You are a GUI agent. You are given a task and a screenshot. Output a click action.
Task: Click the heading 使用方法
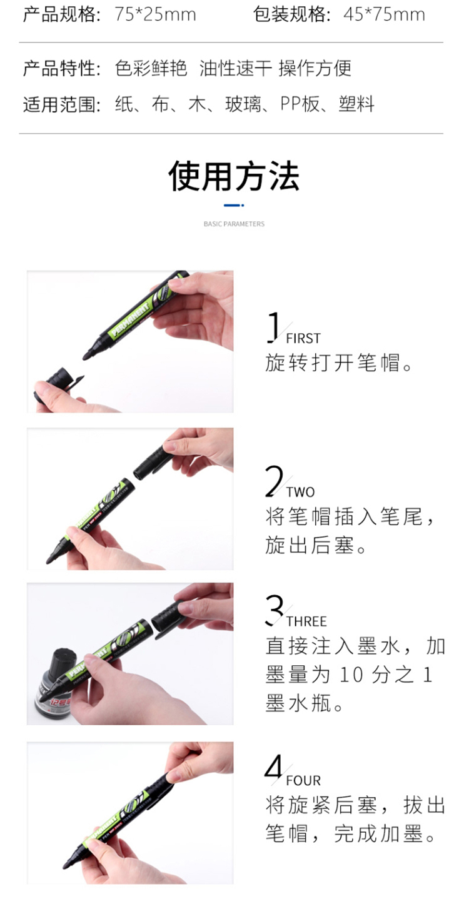(x=234, y=176)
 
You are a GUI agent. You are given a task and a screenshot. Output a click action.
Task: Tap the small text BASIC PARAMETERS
(x=234, y=224)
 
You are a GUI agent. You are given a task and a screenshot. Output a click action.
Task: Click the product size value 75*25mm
(x=155, y=14)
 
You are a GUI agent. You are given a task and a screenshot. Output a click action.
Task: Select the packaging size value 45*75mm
(x=384, y=14)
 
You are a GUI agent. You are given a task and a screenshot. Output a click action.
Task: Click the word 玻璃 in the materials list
(x=243, y=104)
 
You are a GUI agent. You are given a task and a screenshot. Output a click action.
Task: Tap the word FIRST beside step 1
(x=303, y=338)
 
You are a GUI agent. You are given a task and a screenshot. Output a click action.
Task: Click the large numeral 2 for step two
(x=274, y=481)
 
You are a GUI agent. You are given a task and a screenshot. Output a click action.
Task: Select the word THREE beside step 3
(x=306, y=621)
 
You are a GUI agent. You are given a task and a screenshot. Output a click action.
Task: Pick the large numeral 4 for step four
(x=273, y=766)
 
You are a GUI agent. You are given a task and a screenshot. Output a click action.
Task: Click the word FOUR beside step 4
(x=303, y=780)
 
